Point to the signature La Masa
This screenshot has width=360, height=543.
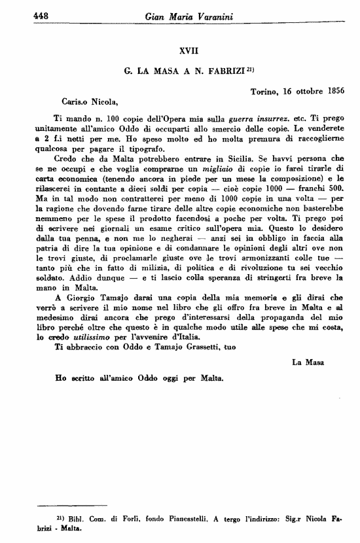306,360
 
